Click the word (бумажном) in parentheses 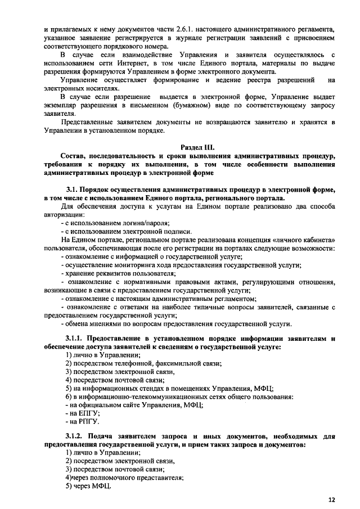(189, 105)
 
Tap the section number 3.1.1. (78, 338)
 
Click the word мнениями (101, 324)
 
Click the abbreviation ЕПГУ (79, 412)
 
